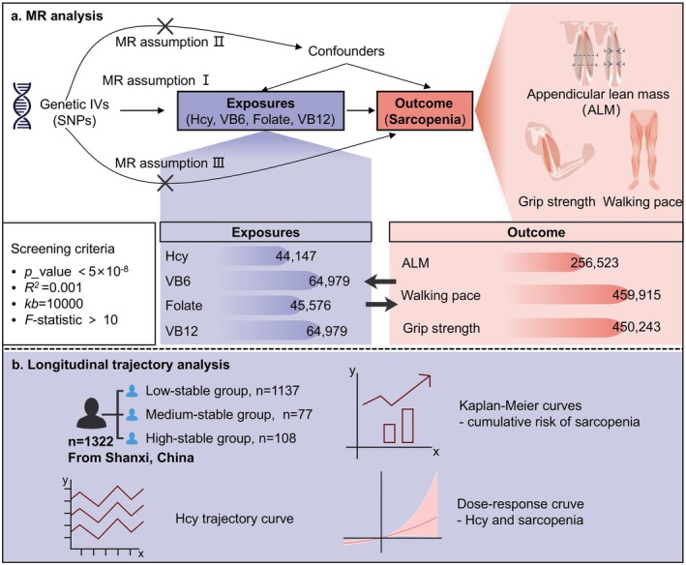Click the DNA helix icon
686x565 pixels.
click(x=22, y=105)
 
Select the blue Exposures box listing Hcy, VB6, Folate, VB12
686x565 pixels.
click(x=260, y=110)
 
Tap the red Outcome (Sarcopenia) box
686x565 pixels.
click(x=425, y=110)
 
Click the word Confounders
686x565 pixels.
click(x=346, y=51)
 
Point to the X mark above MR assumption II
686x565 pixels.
click(x=164, y=26)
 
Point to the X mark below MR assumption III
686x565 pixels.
click(x=164, y=183)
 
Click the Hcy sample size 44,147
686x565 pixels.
click(x=296, y=255)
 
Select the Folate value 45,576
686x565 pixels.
click(x=311, y=306)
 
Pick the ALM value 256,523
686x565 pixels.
click(x=594, y=263)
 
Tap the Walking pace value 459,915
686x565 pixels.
click(x=637, y=295)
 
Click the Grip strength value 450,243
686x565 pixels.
click(x=637, y=327)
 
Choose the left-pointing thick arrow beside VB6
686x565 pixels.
click(x=380, y=282)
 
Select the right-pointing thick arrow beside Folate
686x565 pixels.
click(x=381, y=305)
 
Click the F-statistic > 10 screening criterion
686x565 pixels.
click(x=72, y=319)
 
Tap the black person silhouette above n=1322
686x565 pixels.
click(x=91, y=413)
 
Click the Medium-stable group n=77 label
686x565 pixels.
click(x=228, y=414)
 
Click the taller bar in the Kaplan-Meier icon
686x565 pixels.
click(x=407, y=426)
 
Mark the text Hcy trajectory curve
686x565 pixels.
click(x=234, y=519)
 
